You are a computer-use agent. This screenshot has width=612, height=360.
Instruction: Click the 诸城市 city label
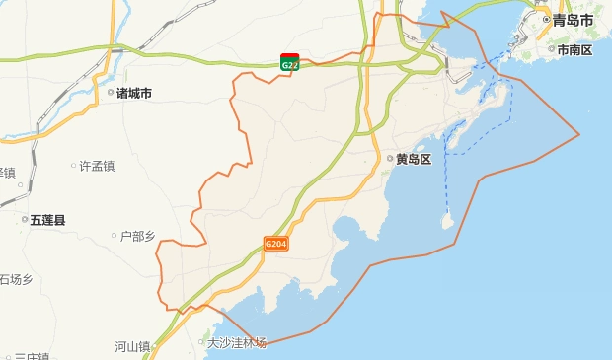pos(134,94)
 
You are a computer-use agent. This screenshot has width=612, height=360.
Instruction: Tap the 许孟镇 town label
pos(98,166)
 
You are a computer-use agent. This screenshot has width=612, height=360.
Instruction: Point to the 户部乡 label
pos(138,236)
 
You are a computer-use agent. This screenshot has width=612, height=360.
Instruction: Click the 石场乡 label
pos(17,280)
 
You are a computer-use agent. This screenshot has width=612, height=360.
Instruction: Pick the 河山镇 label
pos(131,346)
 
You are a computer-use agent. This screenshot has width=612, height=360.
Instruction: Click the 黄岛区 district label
pos(414,159)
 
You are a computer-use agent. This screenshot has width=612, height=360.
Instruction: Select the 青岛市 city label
pos(574,20)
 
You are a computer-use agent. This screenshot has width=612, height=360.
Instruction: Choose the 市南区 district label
pos(574,49)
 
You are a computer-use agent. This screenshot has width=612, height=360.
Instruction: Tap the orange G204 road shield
pos(276,243)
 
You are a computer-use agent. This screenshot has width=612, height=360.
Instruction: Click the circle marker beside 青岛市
pos(546,20)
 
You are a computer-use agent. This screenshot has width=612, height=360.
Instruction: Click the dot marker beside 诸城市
pos(110,94)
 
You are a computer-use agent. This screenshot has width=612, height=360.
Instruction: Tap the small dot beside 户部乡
pos(114,236)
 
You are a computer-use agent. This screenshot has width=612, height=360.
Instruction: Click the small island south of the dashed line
pos(447,223)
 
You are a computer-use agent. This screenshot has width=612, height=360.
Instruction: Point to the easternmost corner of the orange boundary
pos(578,134)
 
